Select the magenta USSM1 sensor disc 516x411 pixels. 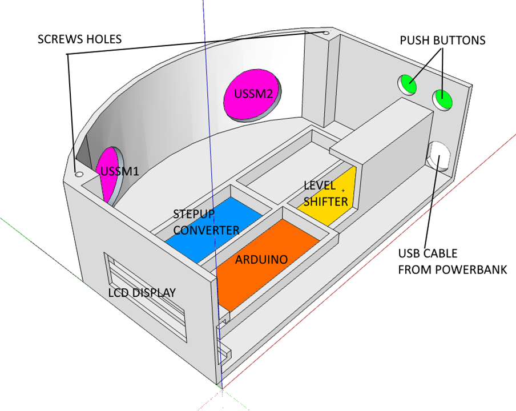pos(111,174)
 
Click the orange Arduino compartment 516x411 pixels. pos(268,260)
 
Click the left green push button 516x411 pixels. pos(408,84)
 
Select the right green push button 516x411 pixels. pos(443,99)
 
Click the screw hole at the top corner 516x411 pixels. pos(326,34)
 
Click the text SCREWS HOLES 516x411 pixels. pos(79,39)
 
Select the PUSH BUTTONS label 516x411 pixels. pos(442,41)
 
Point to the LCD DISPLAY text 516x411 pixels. pos(142,293)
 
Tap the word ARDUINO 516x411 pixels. pos(261,259)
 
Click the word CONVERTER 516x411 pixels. pos(206,230)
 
